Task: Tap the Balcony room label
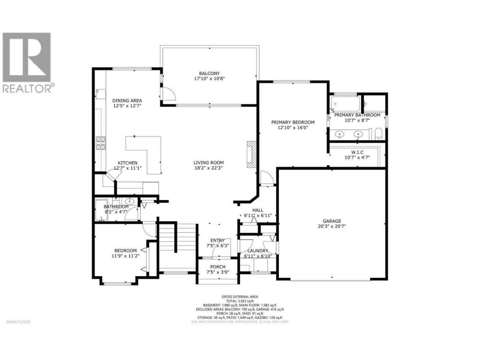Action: click(209, 73)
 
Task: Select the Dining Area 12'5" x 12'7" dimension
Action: click(127, 106)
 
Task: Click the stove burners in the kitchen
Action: click(101, 143)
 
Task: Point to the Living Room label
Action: click(208, 163)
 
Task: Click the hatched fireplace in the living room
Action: click(251, 154)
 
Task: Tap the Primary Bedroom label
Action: click(293, 122)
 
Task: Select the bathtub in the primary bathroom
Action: click(345, 103)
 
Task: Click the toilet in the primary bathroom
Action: click(378, 134)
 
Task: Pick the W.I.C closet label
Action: click(357, 152)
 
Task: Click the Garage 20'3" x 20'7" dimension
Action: click(332, 226)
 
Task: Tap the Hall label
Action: click(258, 210)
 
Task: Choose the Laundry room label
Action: click(258, 251)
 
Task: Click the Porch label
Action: click(217, 267)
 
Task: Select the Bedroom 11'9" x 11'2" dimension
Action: click(125, 256)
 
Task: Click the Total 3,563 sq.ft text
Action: click(240, 301)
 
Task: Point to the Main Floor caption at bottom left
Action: click(19, 322)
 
